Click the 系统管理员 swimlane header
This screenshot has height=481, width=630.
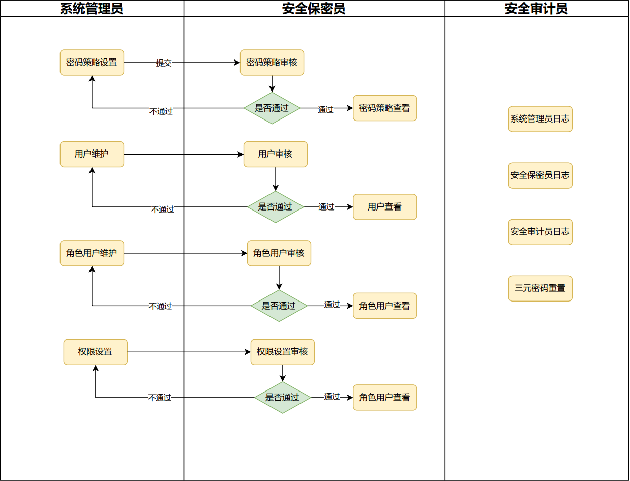click(x=92, y=9)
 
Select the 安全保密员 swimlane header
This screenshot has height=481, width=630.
click(x=314, y=9)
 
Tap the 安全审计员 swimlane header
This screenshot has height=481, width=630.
click(x=536, y=9)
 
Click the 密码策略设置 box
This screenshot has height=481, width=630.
click(x=92, y=63)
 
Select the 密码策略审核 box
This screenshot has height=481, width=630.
click(x=272, y=63)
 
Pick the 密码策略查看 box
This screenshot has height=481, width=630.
click(x=384, y=108)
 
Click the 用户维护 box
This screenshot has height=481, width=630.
click(x=92, y=154)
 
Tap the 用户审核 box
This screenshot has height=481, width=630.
click(x=275, y=154)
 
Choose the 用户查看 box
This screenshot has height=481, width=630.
click(x=384, y=207)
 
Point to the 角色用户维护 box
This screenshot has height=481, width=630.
click(x=92, y=253)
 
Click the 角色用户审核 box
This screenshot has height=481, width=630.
click(x=279, y=253)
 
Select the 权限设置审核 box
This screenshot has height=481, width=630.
click(x=282, y=352)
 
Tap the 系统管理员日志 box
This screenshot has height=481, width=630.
click(x=540, y=119)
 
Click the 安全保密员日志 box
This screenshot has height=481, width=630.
click(x=540, y=175)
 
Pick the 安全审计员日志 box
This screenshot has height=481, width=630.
click(x=540, y=232)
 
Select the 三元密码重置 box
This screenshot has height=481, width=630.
click(x=540, y=288)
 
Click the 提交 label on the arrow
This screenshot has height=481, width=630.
click(x=164, y=63)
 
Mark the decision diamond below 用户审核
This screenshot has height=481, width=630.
click(x=275, y=207)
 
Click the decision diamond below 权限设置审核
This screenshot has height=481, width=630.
click(x=282, y=398)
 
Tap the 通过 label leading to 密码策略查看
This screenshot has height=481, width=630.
click(x=325, y=110)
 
